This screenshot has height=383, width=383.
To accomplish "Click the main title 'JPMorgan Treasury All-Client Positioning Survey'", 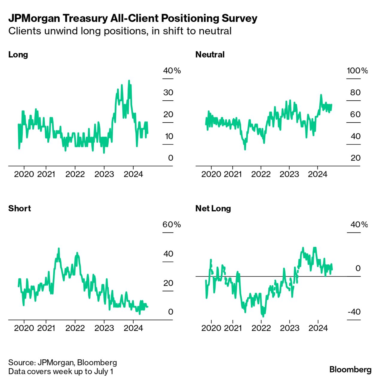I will tap(133, 18).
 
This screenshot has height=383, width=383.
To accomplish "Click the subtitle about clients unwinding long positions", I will tap(120, 31).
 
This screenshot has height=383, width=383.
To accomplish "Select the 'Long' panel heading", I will tap(18, 55).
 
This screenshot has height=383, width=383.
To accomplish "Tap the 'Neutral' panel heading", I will tap(210, 55).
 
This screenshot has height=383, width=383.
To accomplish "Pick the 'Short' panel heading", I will tap(19, 208).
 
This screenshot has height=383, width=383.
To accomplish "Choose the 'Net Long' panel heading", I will tap(213, 208).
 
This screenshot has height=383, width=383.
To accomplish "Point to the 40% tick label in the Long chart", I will tap(172, 71).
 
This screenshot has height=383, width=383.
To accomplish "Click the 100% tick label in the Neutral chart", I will tap(357, 71).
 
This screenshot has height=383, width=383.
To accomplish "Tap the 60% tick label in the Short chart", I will tap(172, 224).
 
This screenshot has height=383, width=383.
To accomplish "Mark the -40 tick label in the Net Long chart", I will tap(354, 312).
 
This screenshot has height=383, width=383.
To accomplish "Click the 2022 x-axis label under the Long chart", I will tap(75, 174).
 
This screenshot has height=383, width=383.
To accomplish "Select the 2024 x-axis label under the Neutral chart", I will tap(317, 174).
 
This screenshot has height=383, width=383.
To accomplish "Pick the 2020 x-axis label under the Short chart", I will tap(24, 328).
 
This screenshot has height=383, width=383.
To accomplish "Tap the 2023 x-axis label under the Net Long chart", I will tap(289, 328).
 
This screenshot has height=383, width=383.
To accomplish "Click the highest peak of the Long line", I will tap(129, 81).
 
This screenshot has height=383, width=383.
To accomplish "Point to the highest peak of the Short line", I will tap(59, 248).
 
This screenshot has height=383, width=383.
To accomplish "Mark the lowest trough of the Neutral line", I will tap(245, 149).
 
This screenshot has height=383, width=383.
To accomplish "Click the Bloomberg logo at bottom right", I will tap(350, 369).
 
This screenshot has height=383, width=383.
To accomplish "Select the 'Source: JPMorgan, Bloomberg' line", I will tap(62, 363).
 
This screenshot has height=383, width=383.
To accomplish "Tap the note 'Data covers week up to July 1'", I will tap(60, 372).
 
